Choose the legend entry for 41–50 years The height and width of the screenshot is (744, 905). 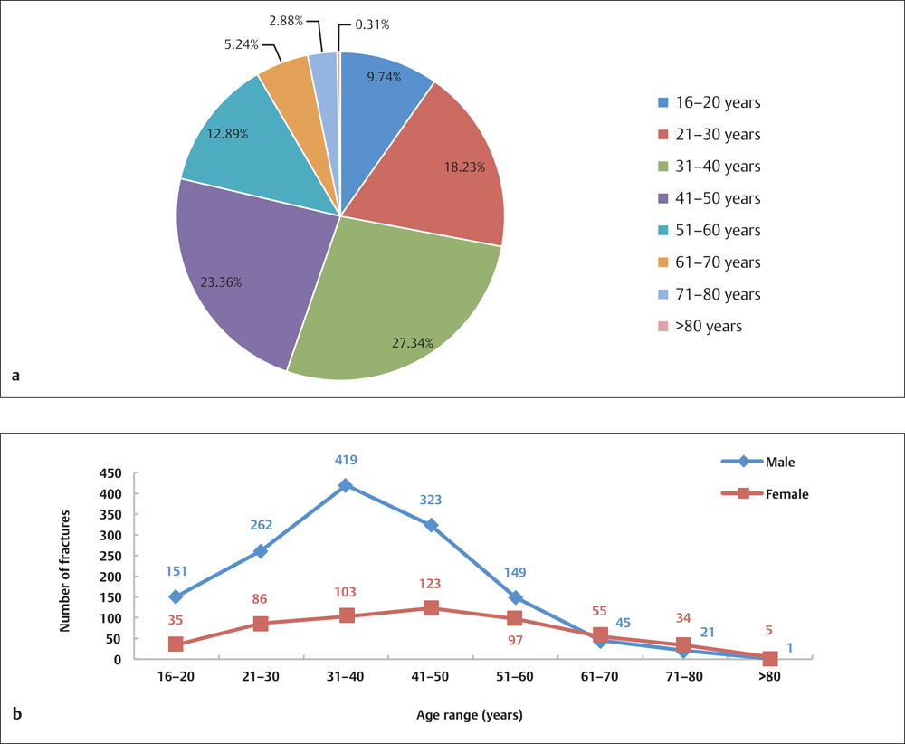pyautogui.click(x=710, y=198)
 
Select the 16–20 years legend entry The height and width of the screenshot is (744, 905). pyautogui.click(x=710, y=103)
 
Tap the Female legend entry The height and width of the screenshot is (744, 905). pyautogui.click(x=764, y=494)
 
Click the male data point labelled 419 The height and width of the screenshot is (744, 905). pyautogui.click(x=346, y=485)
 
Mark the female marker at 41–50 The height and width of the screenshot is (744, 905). pyautogui.click(x=431, y=608)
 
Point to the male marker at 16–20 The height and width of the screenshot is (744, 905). pyautogui.click(x=176, y=596)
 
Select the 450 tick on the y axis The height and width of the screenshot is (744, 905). pyautogui.click(x=111, y=472)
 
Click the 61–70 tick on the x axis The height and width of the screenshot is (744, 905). pyautogui.click(x=601, y=676)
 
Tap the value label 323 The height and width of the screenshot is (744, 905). pyautogui.click(x=431, y=499)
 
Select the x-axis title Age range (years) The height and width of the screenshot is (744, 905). pyautogui.click(x=469, y=714)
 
